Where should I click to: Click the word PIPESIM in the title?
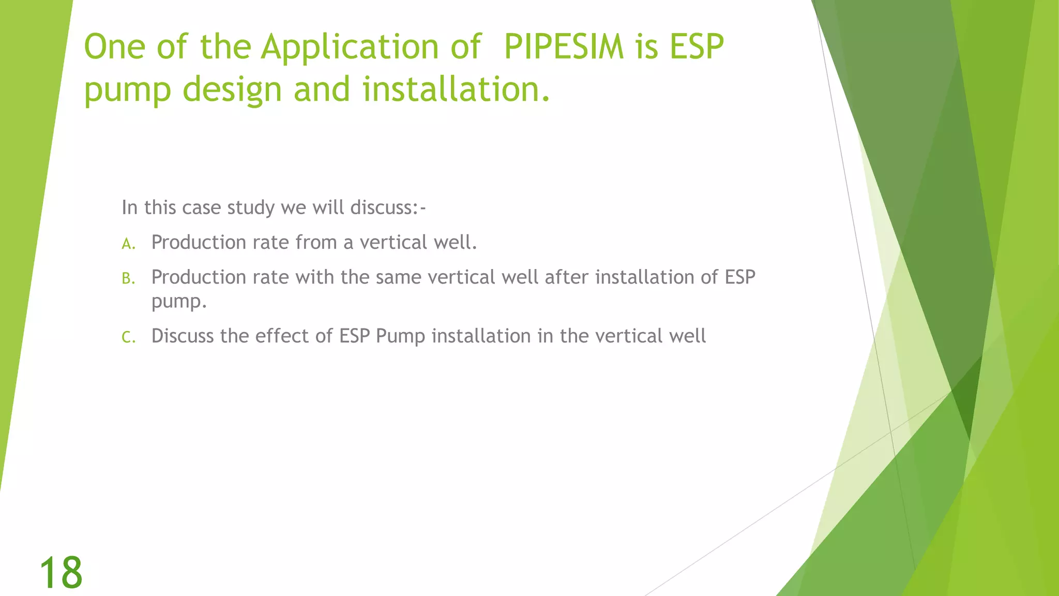click(564, 47)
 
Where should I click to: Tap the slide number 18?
click(61, 573)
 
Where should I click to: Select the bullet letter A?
click(128, 244)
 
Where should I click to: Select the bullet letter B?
click(128, 279)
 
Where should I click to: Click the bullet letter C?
click(128, 338)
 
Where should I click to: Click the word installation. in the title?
click(456, 89)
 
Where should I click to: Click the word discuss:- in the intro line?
click(388, 207)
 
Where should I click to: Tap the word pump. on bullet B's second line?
click(179, 302)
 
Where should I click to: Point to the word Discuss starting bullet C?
click(183, 336)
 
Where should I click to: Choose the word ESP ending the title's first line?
click(697, 47)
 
